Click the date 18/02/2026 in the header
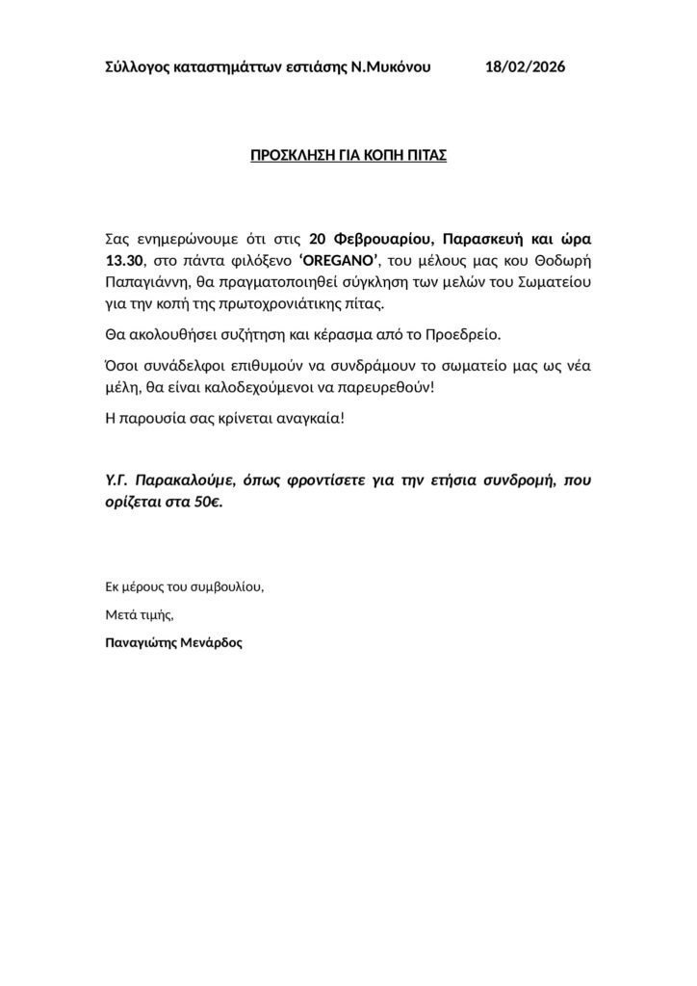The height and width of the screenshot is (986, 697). tap(526, 66)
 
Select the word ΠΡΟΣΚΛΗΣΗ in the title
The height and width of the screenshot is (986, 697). tap(293, 154)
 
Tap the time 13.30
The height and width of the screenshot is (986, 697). tap(123, 260)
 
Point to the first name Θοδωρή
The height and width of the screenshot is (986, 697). tap(562, 260)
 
